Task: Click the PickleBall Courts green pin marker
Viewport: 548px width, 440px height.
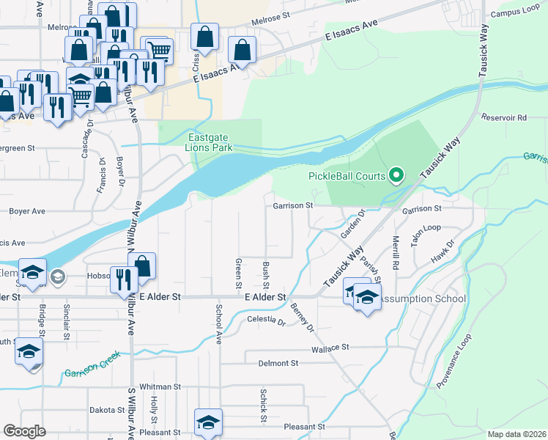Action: click(x=397, y=175)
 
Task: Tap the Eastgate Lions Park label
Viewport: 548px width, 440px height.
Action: click(x=210, y=142)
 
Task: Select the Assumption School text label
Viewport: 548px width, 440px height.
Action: click(x=424, y=298)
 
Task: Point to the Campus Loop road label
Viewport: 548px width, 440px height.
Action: click(x=515, y=13)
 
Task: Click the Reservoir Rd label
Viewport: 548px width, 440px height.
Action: click(x=504, y=117)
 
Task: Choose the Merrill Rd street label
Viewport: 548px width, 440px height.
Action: click(x=396, y=250)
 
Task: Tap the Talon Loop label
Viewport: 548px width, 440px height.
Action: click(x=425, y=228)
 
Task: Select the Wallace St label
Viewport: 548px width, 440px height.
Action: click(x=332, y=350)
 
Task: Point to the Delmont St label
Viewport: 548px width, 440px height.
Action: click(x=278, y=363)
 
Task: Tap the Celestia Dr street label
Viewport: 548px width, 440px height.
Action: click(x=265, y=320)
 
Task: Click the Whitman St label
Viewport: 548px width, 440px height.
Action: click(x=160, y=386)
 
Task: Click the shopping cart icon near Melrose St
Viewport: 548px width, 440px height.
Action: click(x=158, y=51)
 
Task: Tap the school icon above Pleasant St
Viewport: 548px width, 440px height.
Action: click(x=208, y=422)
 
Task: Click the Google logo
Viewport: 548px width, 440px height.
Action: click(x=25, y=430)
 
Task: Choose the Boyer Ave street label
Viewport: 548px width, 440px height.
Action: click(x=27, y=211)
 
